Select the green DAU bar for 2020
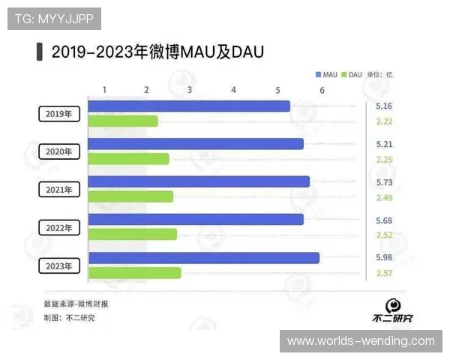click(129, 158)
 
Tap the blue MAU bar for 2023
click(203, 258)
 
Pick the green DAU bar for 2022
click(133, 234)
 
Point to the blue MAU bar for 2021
click(199, 181)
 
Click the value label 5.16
click(384, 106)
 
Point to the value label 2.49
click(384, 196)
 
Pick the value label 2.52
click(384, 235)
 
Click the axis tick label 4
click(234, 91)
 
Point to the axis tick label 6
click(322, 91)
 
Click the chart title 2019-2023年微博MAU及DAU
click(157, 52)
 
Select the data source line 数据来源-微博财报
click(76, 304)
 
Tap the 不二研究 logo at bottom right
click(393, 310)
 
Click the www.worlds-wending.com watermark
click(361, 340)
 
